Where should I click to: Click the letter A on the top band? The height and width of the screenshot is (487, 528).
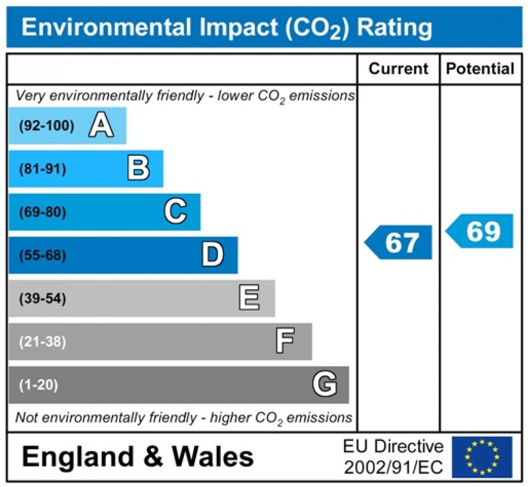[101, 125]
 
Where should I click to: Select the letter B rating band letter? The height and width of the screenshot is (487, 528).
[139, 168]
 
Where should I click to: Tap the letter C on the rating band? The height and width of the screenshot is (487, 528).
[176, 211]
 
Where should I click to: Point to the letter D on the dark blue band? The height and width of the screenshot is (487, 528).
[213, 254]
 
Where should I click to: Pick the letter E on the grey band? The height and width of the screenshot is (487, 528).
[249, 298]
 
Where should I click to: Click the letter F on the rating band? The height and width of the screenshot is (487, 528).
[285, 341]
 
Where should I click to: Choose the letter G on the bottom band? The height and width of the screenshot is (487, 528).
[325, 384]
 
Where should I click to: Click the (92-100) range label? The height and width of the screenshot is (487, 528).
[47, 126]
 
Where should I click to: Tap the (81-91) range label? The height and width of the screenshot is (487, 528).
[43, 169]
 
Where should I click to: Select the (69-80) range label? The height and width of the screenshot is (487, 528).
[43, 212]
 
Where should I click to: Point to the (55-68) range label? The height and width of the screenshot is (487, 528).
[43, 255]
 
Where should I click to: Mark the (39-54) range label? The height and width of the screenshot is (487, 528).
[43, 298]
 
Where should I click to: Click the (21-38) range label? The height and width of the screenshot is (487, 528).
[43, 342]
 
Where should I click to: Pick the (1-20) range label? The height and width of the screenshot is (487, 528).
[39, 385]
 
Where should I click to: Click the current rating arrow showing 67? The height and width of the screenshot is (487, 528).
[399, 242]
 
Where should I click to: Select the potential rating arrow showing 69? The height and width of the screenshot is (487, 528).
[480, 231]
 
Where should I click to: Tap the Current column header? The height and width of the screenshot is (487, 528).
[398, 69]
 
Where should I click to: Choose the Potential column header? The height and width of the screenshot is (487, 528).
[480, 69]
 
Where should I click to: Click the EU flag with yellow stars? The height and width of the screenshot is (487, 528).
[482, 457]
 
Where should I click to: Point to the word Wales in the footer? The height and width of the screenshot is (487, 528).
[213, 456]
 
